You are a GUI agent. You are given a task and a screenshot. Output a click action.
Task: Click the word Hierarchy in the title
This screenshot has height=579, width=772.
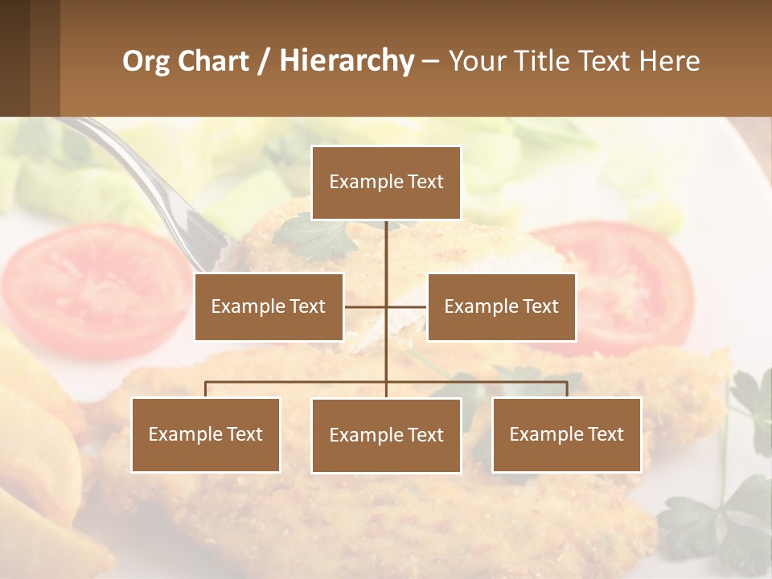346,61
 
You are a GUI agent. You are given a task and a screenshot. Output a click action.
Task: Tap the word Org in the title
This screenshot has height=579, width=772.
146,61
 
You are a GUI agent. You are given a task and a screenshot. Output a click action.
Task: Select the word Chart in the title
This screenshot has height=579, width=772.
214,61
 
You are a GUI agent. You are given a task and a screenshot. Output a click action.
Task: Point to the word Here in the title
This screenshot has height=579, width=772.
669,61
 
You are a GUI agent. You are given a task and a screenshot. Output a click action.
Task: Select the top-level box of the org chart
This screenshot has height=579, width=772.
386,183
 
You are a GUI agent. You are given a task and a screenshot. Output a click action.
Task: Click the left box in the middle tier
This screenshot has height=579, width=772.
269,306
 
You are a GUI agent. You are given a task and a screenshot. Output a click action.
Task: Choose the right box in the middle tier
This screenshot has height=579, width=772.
501,306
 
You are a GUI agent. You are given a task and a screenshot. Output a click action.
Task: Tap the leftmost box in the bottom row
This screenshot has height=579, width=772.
205,434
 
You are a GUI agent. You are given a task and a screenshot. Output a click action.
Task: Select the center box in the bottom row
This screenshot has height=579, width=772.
386,435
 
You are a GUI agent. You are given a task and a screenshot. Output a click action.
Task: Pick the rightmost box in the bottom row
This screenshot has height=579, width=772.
566,434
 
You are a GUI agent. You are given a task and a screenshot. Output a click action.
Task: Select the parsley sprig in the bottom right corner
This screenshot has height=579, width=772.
724,515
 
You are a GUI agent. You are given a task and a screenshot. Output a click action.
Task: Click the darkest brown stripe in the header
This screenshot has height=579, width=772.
14,58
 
